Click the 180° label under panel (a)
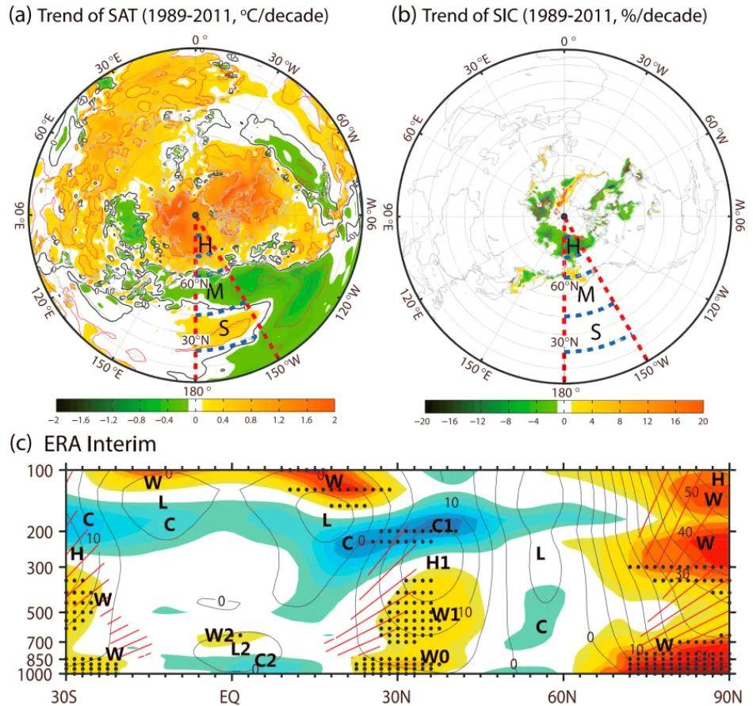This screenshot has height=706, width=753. tap(195, 391)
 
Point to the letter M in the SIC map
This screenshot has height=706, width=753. tap(587, 296)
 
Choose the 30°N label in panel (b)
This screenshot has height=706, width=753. tap(564, 342)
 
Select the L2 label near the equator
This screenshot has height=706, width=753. tap(242, 648)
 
